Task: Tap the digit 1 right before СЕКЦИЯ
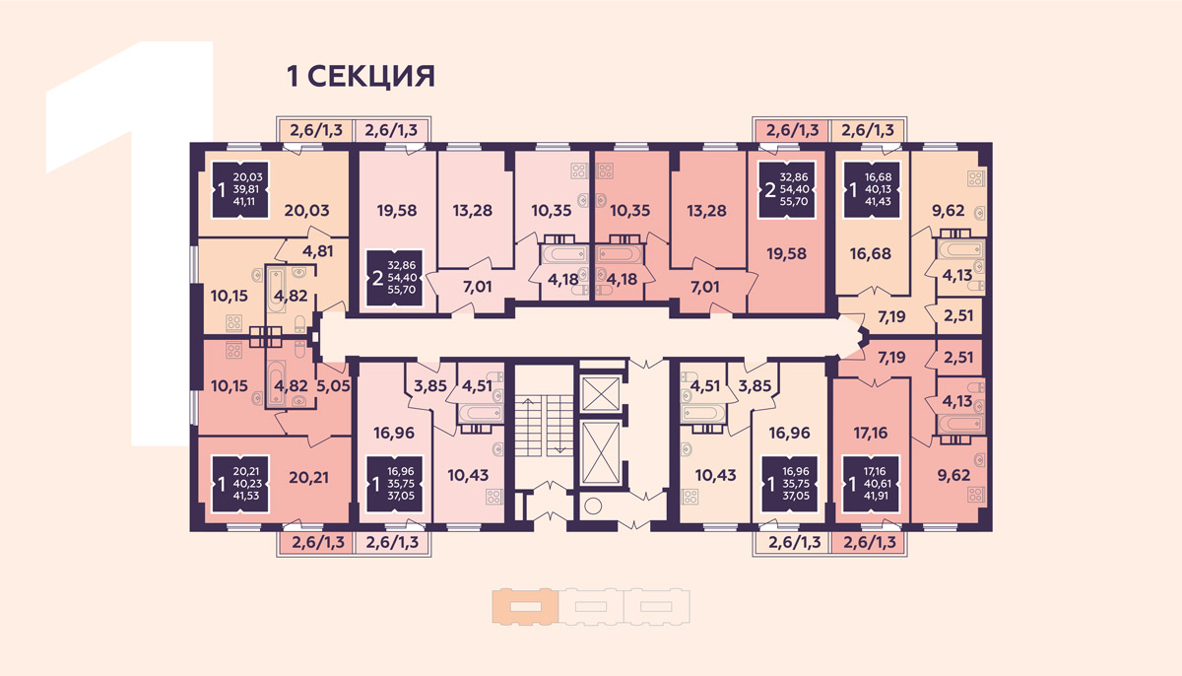[292, 76]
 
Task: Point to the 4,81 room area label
[317, 250]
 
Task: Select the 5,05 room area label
[332, 387]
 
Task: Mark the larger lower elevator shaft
[600, 452]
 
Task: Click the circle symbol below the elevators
[593, 507]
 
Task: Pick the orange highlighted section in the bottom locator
[524, 606]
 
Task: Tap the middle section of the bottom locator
[591, 606]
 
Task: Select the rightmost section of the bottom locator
[657, 606]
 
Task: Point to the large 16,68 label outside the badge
[870, 252]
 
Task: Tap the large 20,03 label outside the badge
[305, 208]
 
